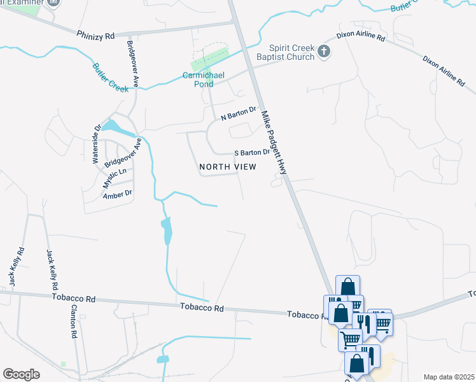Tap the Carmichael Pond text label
click(204, 79)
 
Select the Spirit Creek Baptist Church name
click(291, 52)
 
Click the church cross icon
click(324, 52)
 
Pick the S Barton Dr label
click(252, 153)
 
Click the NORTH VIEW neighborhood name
click(228, 167)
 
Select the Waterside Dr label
click(97, 145)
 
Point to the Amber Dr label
click(117, 193)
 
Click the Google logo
click(22, 374)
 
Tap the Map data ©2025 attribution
click(448, 377)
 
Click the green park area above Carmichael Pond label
click(209, 59)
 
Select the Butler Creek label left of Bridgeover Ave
click(109, 75)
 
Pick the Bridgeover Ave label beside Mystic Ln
click(123, 152)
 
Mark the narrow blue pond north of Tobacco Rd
click(166, 232)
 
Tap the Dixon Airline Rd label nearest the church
click(362, 38)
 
